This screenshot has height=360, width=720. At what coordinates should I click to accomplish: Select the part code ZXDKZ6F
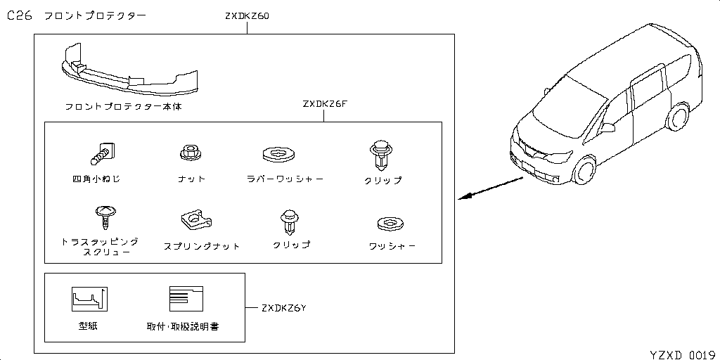[x=326, y=105]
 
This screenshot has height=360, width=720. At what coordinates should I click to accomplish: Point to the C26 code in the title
[x=20, y=16]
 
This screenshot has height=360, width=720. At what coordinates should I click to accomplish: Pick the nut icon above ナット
[x=188, y=152]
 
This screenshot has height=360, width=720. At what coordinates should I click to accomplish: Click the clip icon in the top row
[x=379, y=154]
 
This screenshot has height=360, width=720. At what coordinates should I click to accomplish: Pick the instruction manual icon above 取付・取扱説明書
[x=186, y=299]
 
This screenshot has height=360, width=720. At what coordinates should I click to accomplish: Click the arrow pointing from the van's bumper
[x=492, y=188]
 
